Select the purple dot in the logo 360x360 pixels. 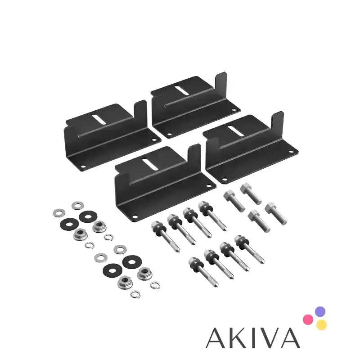point(320,311)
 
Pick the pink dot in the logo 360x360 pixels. point(308,319)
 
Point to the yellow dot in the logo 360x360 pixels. point(321,324)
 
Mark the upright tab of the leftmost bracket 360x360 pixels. point(141,112)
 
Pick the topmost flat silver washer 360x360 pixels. point(76,206)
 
